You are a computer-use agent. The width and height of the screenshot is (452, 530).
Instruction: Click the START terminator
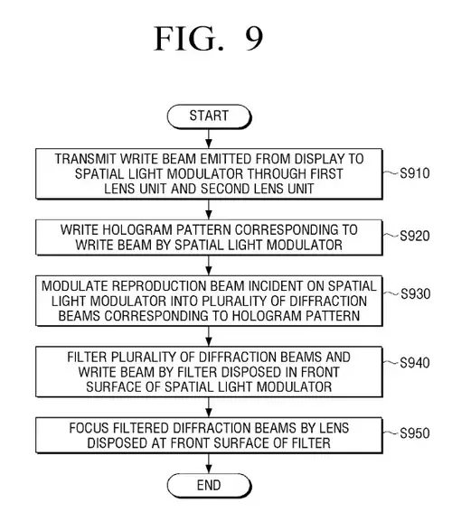(209, 116)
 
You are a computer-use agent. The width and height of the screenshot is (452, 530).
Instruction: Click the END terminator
(209, 486)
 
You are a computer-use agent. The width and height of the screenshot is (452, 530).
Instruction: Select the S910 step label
(415, 173)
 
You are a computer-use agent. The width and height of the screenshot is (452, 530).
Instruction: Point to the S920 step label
(415, 236)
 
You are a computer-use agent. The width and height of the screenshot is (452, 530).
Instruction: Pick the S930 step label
(416, 293)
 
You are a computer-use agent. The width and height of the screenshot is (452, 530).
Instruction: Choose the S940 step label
(415, 363)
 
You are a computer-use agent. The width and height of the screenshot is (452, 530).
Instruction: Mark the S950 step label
(415, 433)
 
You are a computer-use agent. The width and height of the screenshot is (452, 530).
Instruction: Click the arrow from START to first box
(209, 138)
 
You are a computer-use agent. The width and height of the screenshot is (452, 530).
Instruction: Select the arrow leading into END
(209, 463)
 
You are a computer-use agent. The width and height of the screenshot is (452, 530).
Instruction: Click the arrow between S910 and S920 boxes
(209, 209)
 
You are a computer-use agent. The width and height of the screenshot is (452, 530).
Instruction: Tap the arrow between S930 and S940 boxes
(209, 336)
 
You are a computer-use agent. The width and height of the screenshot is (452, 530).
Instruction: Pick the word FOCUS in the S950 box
(89, 428)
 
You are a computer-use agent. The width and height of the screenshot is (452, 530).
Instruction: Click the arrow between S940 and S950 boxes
(209, 407)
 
